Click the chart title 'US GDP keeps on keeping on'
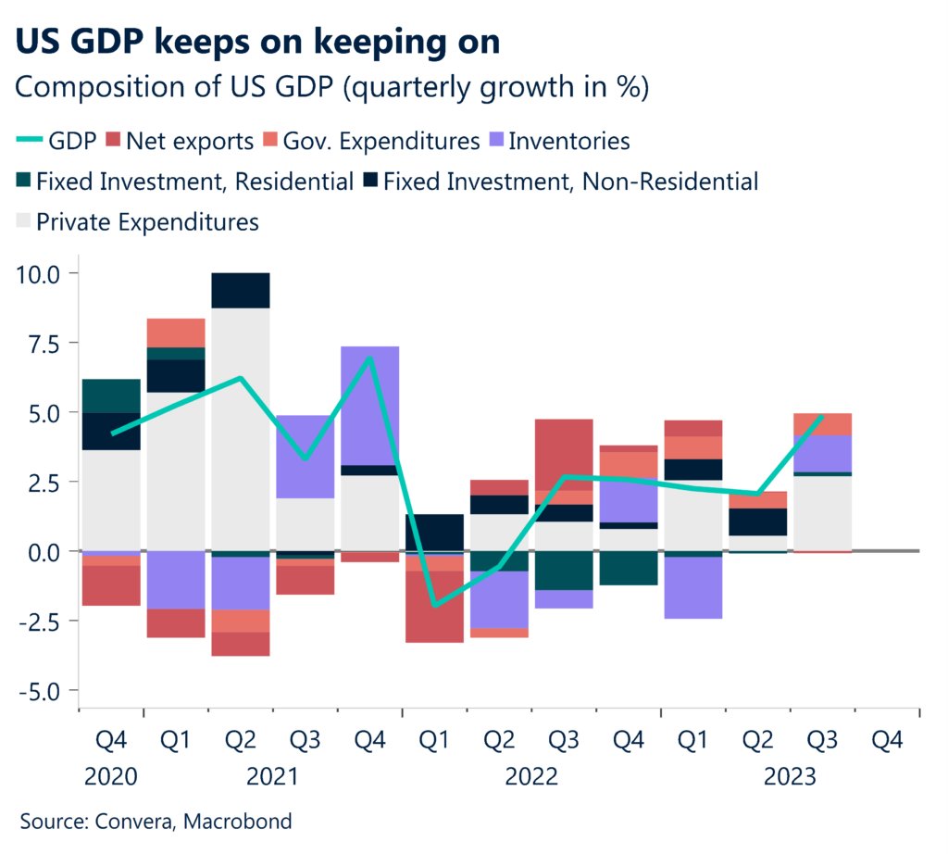click(x=260, y=42)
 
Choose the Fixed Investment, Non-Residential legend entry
click(x=559, y=182)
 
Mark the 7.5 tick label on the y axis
click(x=43, y=344)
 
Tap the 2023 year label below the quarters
click(x=789, y=777)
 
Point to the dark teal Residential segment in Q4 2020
click(x=110, y=396)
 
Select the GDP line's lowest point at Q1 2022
click(x=434, y=605)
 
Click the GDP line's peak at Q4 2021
click(x=369, y=358)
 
